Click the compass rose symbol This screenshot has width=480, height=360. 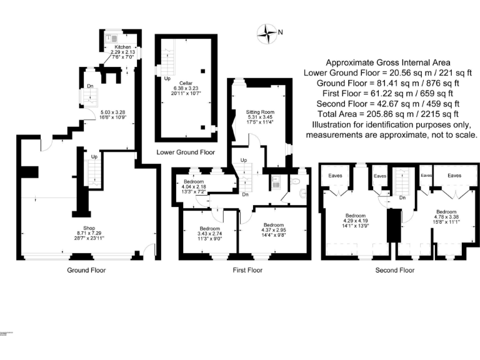tap(269, 32)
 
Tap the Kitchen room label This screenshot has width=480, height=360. tap(122, 47)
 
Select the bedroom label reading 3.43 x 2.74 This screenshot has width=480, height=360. tap(209, 232)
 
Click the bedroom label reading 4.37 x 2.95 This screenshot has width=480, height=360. tap(274, 228)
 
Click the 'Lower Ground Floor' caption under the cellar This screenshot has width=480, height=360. tap(186, 152)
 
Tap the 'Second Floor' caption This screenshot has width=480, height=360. tap(394, 271)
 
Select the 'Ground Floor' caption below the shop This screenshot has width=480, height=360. tap(86, 271)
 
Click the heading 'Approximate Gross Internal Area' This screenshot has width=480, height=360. tap(388, 63)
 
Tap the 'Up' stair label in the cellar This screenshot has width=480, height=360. tap(167, 79)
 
